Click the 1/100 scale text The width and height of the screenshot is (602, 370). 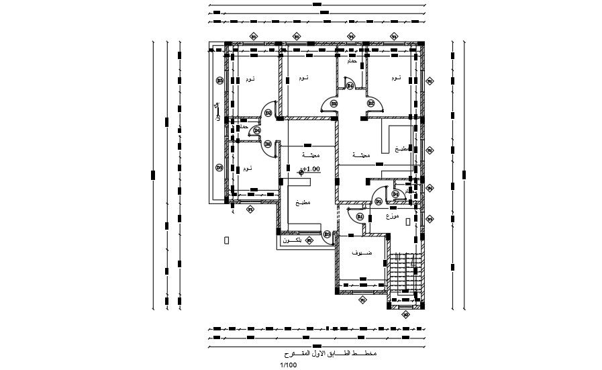(288, 365)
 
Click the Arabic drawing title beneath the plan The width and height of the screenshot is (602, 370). (331, 353)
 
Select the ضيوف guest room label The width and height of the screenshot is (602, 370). (363, 253)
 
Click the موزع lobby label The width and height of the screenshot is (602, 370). (393, 217)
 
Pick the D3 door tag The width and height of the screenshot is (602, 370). (328, 234)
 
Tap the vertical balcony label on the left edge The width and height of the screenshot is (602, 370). (216, 111)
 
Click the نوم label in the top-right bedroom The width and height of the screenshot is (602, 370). (395, 79)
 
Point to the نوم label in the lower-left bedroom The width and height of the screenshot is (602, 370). (248, 168)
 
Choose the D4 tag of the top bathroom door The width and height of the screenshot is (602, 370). (350, 85)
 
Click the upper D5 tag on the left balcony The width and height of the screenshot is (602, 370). (219, 81)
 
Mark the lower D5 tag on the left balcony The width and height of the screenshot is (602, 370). (219, 167)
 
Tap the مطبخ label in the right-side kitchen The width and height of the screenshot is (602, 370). (401, 148)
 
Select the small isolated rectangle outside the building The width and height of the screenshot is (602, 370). (227, 239)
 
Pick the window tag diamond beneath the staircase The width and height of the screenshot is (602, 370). (405, 314)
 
